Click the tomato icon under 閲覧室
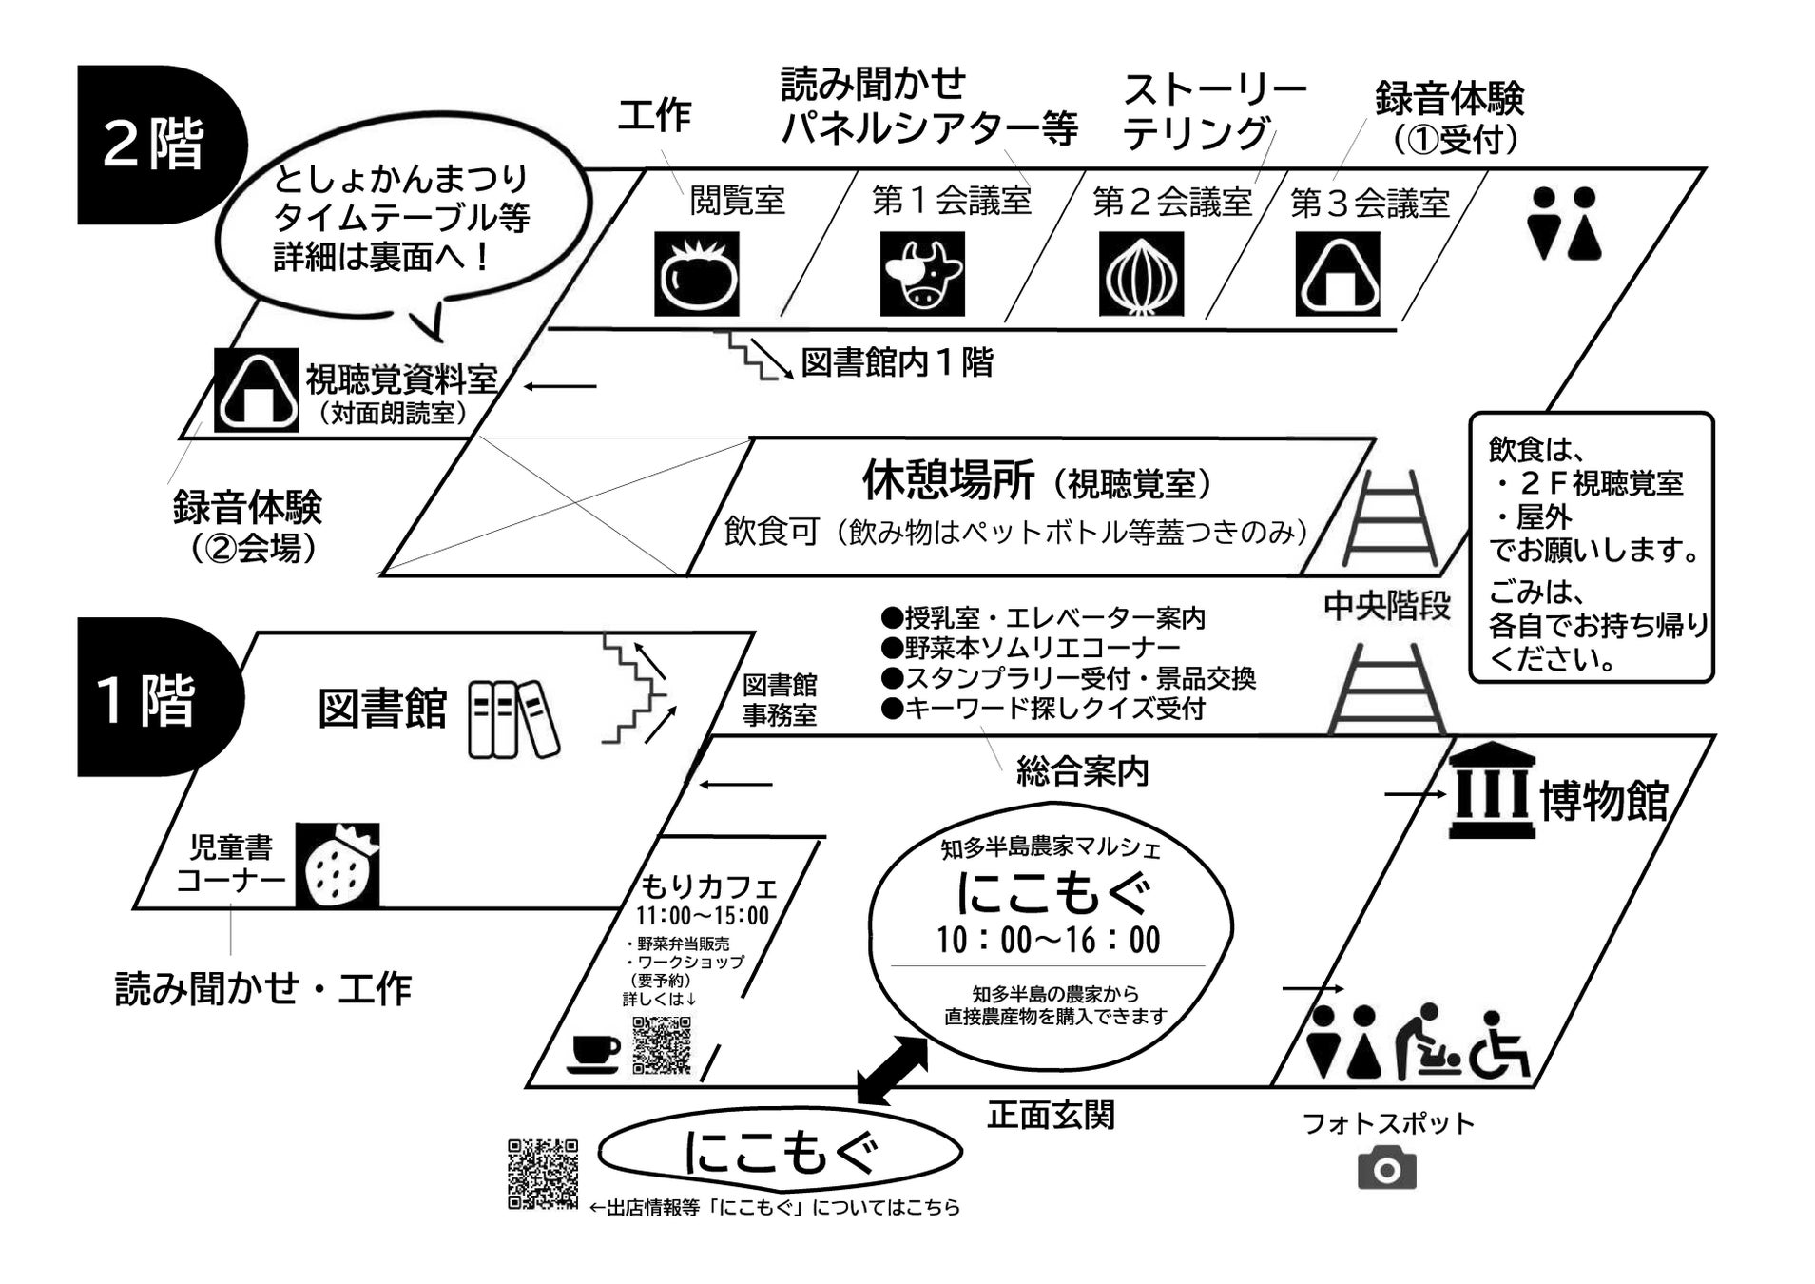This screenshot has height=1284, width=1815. [696, 274]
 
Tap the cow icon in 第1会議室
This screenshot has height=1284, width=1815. [921, 274]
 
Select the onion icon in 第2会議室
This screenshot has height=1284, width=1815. [1141, 274]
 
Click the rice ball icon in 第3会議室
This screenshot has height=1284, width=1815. [1338, 274]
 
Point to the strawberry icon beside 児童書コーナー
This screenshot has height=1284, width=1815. [337, 865]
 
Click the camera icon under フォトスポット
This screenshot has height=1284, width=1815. [1386, 1169]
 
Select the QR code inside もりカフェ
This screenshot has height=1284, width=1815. [662, 1044]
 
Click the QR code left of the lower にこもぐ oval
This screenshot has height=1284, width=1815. [543, 1174]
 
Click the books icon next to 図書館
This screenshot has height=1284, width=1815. [513, 719]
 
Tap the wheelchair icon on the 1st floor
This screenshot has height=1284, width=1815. [1499, 1045]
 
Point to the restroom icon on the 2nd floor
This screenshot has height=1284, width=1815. [1563, 224]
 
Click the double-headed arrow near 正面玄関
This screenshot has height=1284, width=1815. [892, 1071]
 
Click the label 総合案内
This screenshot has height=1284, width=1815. [1082, 771]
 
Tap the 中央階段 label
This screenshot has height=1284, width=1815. [1386, 606]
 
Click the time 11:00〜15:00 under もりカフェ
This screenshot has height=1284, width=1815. [702, 916]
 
